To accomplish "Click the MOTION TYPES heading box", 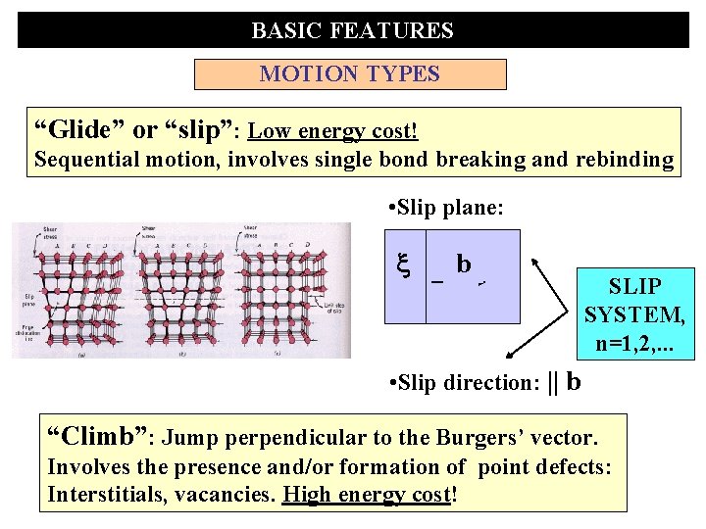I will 350,74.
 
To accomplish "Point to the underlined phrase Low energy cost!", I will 333,131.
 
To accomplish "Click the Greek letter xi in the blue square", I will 402,264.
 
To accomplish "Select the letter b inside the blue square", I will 464,264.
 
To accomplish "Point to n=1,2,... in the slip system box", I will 634,343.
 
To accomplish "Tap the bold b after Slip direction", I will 574,381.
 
